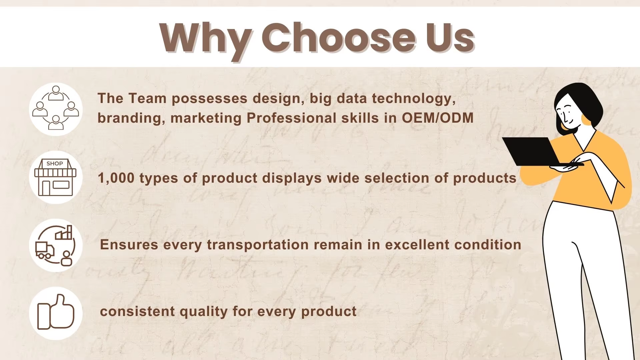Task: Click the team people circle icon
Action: pos(56,108)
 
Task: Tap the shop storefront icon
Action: pos(55,177)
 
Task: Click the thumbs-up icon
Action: pos(55,312)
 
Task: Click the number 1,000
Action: pos(116,178)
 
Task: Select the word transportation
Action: pos(258,245)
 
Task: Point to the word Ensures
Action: pos(129,245)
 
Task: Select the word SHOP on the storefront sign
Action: pos(55,164)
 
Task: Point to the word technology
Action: pos(414,99)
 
